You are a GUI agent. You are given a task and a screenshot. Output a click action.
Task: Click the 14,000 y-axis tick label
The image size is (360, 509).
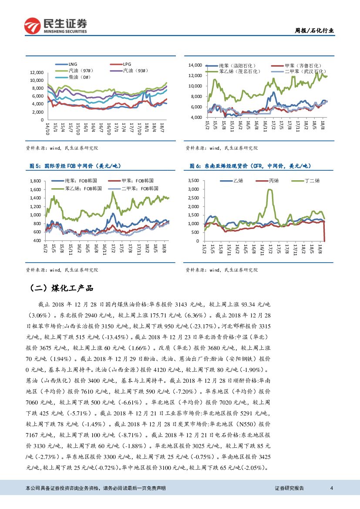tap(195, 65)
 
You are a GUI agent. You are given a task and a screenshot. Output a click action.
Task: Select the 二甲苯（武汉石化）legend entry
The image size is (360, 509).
tap(304, 71)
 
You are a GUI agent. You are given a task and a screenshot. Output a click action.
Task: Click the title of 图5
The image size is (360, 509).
tap(74, 166)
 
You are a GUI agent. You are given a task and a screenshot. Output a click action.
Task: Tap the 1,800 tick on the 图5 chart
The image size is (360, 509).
tap(35, 180)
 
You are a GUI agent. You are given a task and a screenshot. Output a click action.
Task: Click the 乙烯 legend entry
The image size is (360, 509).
tap(238, 180)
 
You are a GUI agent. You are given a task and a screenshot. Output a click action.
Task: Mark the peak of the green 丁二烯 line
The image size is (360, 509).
tap(270, 189)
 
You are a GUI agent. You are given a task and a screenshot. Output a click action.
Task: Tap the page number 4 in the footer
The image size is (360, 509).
tap(332, 488)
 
